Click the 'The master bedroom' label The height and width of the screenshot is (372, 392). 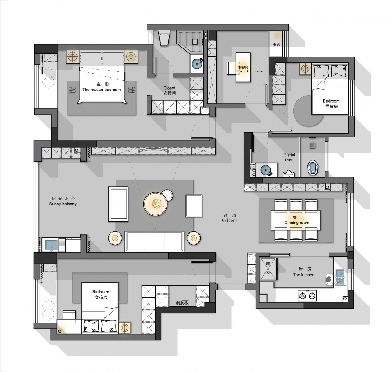click(x=101, y=90)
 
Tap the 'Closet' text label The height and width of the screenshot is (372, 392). click(x=169, y=88)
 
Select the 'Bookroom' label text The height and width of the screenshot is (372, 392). click(x=249, y=71)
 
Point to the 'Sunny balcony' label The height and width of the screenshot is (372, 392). click(x=63, y=204)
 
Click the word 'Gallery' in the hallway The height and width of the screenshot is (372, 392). click(x=230, y=220)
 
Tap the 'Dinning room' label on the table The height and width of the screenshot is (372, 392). click(x=297, y=223)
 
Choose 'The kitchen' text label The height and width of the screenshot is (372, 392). click(x=303, y=275)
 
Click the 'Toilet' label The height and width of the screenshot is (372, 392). click(x=288, y=160)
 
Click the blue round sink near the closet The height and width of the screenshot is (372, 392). click(x=197, y=64)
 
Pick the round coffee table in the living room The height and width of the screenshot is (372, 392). click(x=156, y=204)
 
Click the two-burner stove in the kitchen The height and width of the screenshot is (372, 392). click(x=307, y=296)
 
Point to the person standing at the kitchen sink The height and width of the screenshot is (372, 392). click(x=330, y=280)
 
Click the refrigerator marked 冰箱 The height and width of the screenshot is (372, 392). click(x=268, y=269)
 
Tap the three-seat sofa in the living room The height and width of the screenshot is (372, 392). click(x=154, y=241)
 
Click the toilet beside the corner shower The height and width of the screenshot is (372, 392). click(x=164, y=38)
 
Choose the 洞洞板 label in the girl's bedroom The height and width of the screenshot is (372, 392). click(x=182, y=303)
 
